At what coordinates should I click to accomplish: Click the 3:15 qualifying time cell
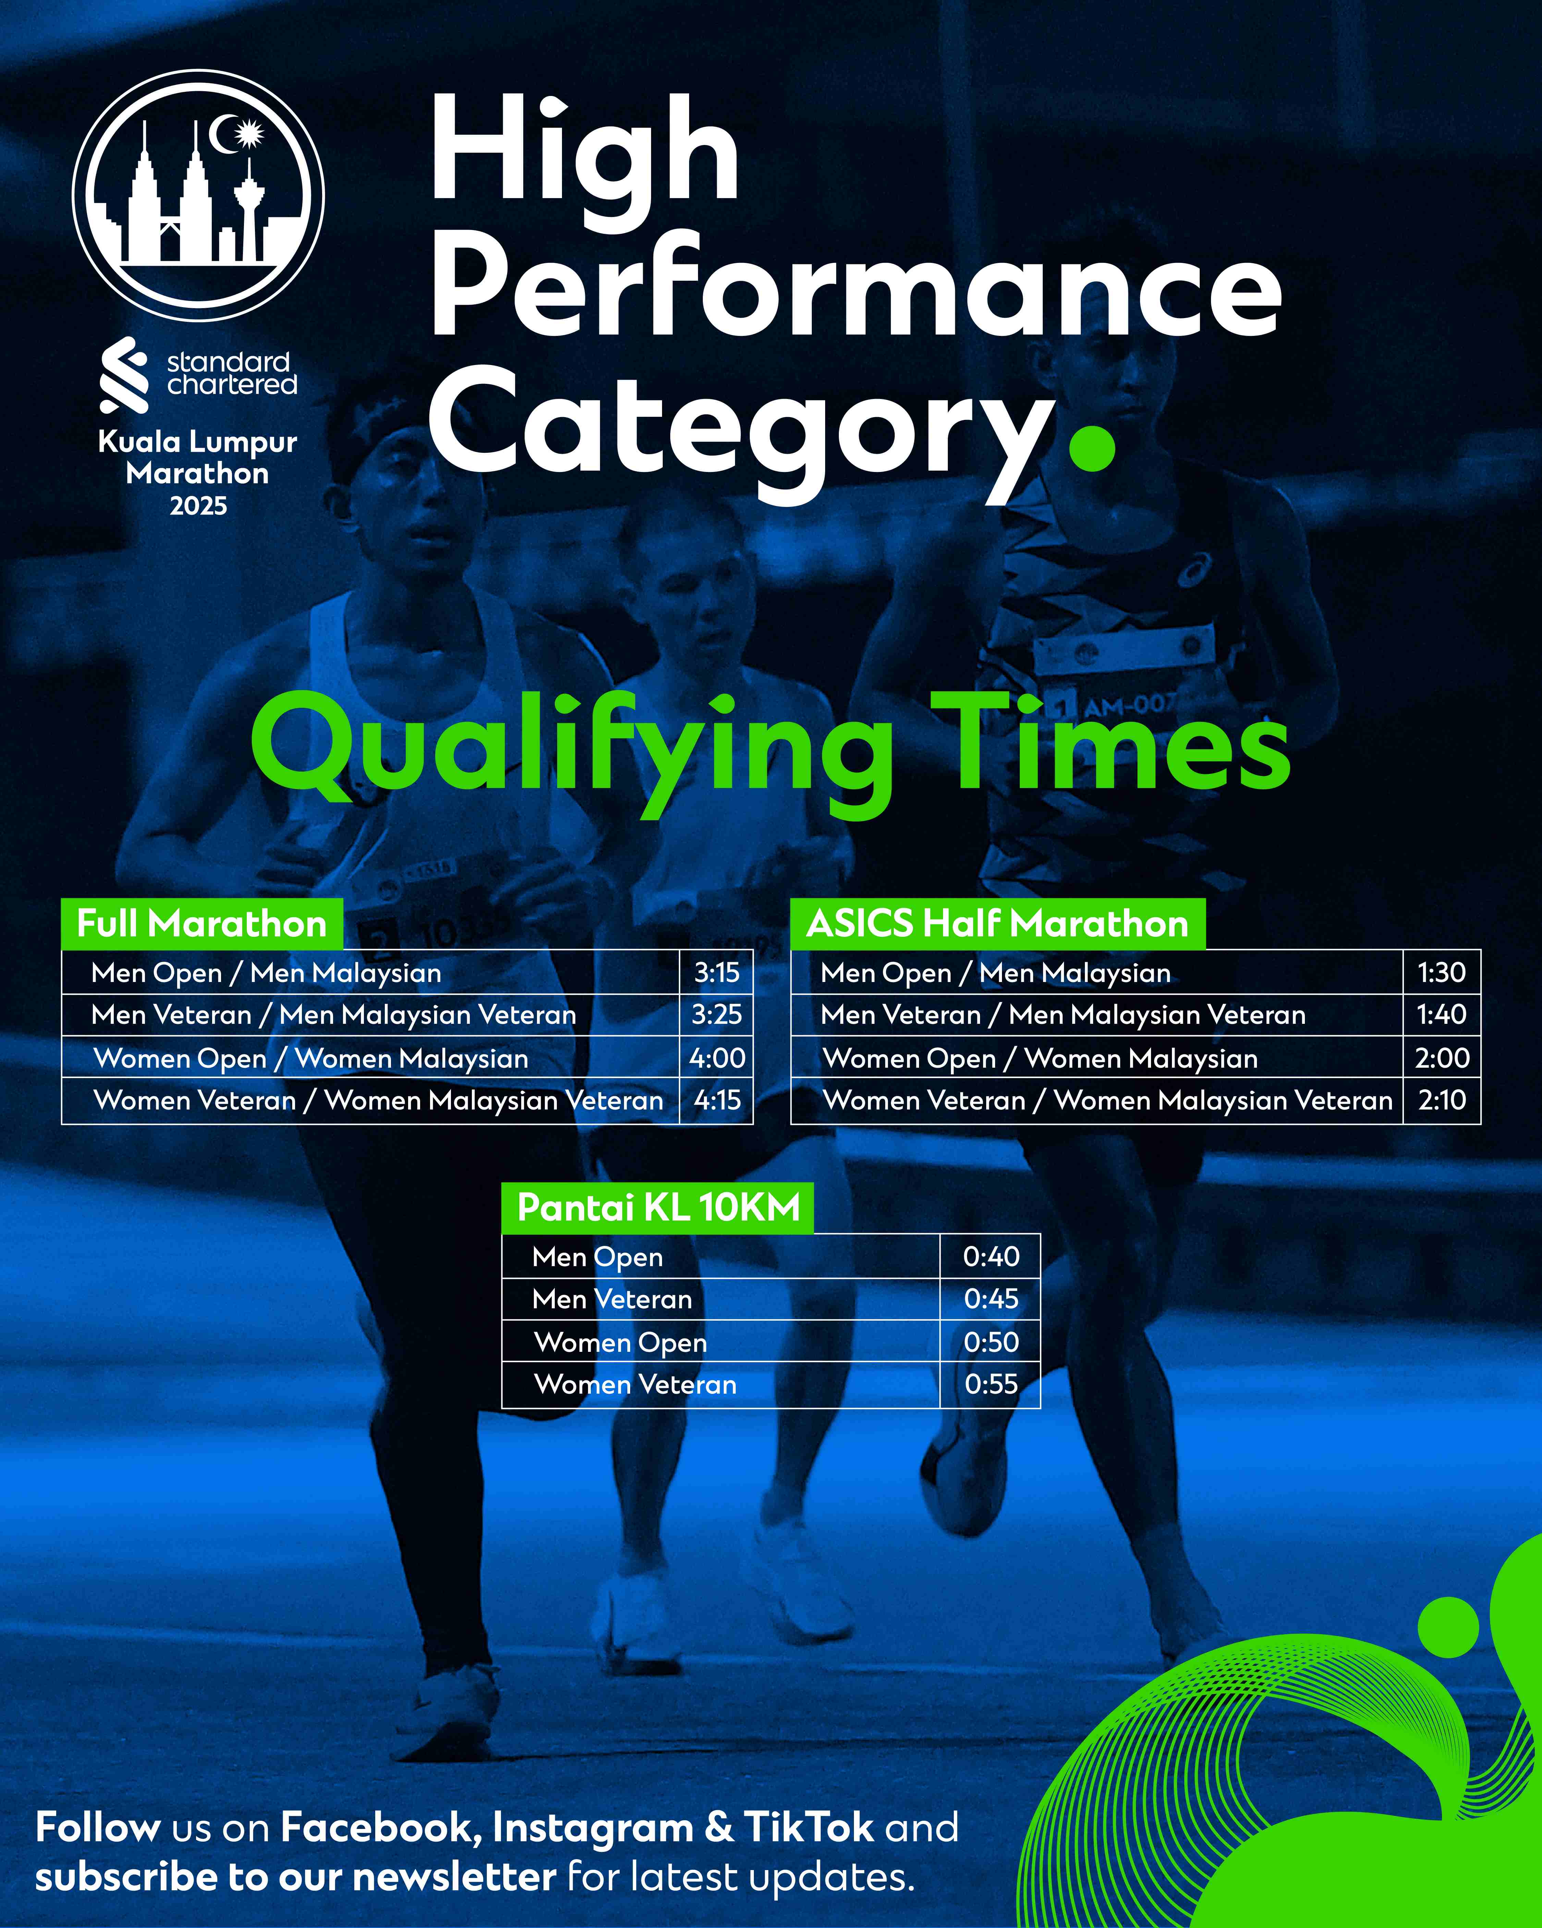tap(717, 972)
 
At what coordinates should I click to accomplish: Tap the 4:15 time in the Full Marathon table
tap(717, 1100)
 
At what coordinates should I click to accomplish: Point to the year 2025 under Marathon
tap(198, 506)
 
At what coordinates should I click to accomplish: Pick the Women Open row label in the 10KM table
tap(620, 1342)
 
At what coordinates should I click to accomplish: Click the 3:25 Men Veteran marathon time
tap(717, 1014)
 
